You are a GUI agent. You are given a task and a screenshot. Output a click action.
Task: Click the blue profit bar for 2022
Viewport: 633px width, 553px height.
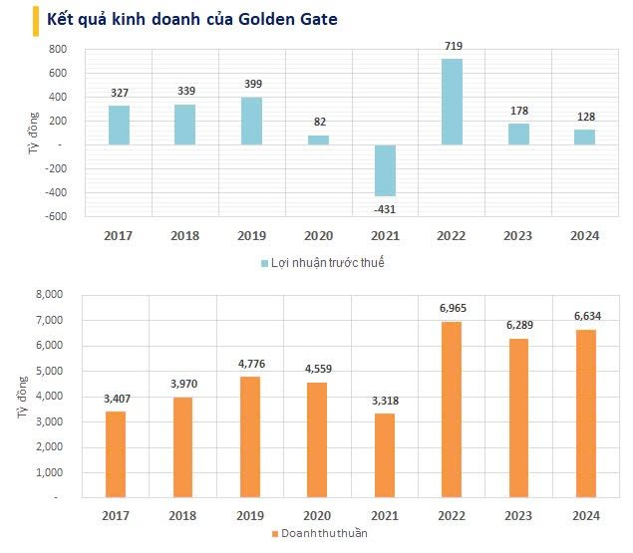452,102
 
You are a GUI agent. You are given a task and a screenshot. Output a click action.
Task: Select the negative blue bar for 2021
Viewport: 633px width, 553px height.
385,170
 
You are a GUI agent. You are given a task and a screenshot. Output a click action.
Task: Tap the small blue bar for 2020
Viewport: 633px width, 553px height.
318,139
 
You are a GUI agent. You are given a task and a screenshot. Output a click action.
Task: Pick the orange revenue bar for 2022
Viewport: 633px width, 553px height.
452,409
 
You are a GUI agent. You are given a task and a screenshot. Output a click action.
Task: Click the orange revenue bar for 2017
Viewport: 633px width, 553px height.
117,453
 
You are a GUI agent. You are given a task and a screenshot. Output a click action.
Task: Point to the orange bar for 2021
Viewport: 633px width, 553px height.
385,454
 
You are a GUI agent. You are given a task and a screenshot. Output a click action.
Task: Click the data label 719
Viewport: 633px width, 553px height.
452,46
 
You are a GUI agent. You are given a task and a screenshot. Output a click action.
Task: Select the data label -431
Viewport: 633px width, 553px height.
385,207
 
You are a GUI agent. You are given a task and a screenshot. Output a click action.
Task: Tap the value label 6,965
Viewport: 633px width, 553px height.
452,309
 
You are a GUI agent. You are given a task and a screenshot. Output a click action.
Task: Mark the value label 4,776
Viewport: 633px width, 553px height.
251,364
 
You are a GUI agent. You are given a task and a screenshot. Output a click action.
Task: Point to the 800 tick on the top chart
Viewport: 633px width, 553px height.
58,50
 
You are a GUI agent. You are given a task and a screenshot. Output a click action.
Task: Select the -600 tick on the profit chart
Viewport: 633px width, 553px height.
56,216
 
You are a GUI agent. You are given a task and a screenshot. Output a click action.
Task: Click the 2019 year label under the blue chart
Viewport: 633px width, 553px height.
251,235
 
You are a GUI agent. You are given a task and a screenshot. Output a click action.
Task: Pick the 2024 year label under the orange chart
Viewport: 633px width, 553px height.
584,515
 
